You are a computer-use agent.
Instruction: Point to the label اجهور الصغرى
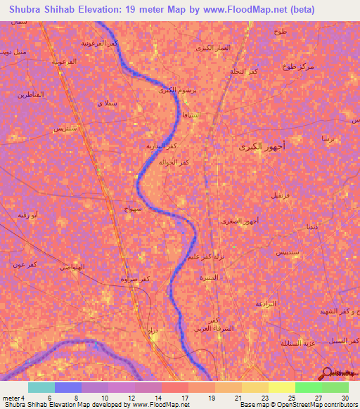pyautogui.click(x=243, y=221)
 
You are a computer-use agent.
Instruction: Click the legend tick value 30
pyautogui.click(x=344, y=398)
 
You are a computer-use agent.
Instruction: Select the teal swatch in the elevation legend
pyautogui.click(x=41, y=387)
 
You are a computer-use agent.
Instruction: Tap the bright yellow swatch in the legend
pyautogui.click(x=281, y=387)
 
